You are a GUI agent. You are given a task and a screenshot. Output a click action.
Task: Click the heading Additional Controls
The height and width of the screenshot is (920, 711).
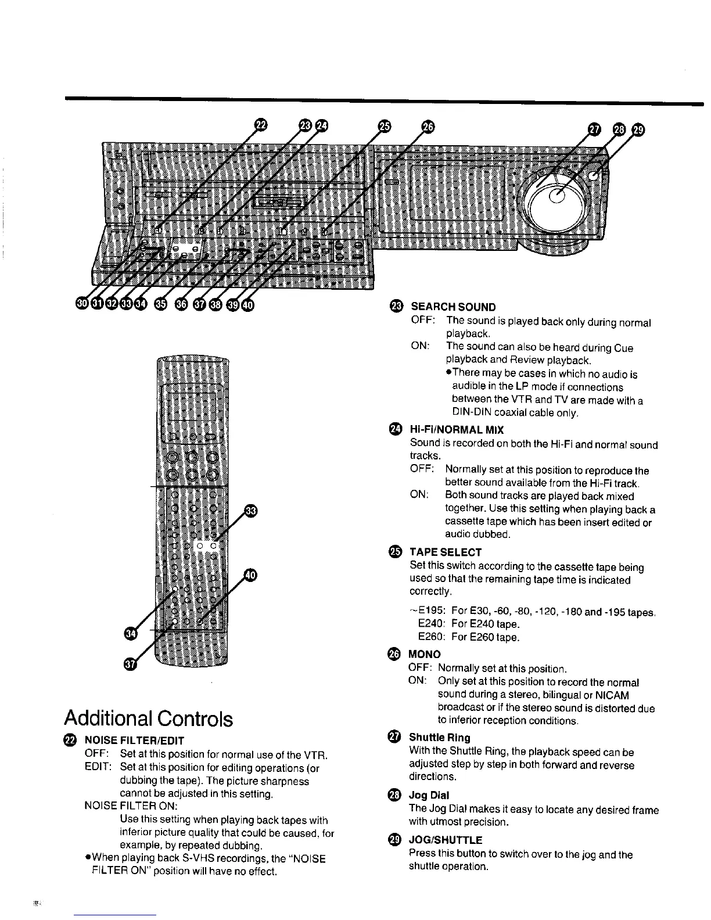(148, 718)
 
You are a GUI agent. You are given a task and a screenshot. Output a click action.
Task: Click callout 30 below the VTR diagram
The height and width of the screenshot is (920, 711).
(82, 304)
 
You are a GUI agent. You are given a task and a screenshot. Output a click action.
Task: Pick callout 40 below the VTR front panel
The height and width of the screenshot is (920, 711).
(248, 304)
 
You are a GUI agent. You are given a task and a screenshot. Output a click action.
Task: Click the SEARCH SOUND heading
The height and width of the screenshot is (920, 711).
(453, 307)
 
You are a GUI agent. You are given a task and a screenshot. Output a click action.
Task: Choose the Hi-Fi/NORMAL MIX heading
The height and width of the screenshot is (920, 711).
(457, 430)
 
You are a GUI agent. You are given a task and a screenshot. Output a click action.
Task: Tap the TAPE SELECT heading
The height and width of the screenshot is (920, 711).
(446, 552)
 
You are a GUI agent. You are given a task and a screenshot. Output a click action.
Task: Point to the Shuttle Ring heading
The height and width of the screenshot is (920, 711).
(440, 738)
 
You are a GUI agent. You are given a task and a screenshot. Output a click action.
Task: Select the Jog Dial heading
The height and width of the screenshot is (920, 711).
(429, 795)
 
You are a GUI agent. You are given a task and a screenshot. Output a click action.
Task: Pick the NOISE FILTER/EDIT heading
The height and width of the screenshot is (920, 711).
(134, 741)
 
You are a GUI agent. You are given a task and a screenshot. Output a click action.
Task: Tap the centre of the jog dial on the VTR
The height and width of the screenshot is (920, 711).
(557, 197)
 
